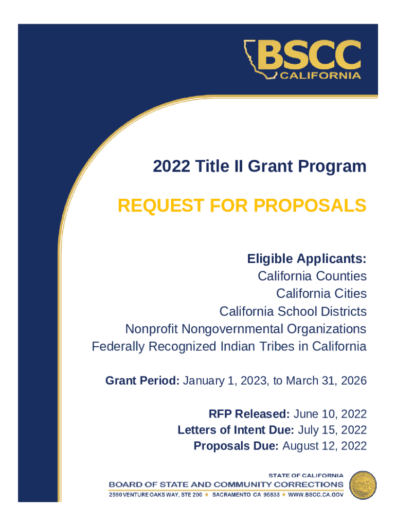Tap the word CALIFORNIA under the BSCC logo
pyautogui.click(x=320, y=76)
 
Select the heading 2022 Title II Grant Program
pyautogui.click(x=260, y=166)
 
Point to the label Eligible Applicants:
pyautogui.click(x=307, y=258)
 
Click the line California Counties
pyautogui.click(x=312, y=276)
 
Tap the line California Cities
pyautogui.click(x=321, y=293)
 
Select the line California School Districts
pyautogui.click(x=293, y=311)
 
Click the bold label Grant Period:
pyautogui.click(x=142, y=381)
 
